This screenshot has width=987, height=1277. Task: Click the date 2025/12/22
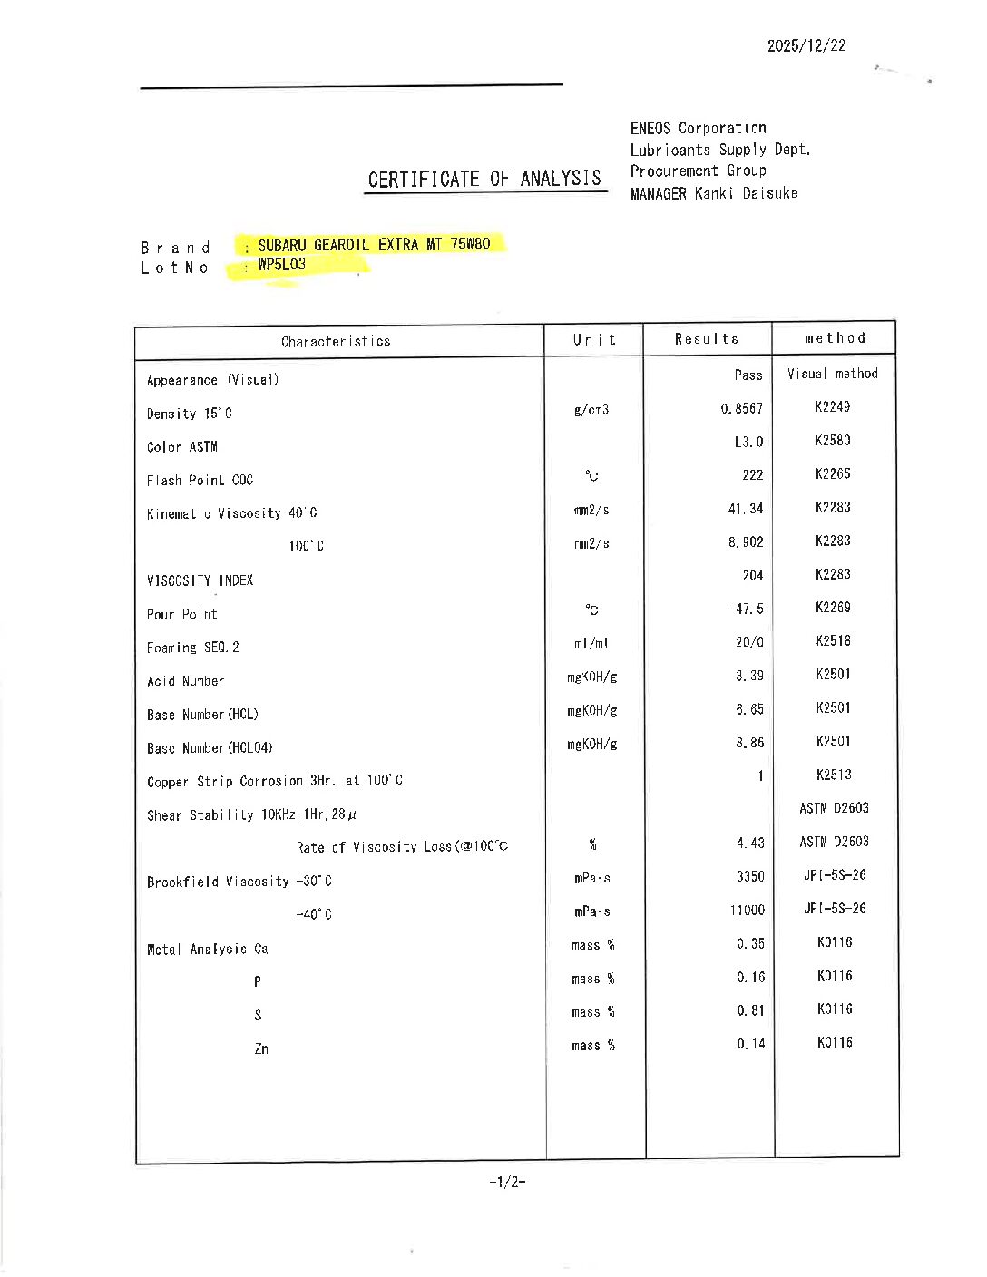(x=806, y=45)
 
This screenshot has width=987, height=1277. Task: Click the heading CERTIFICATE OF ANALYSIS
(x=484, y=179)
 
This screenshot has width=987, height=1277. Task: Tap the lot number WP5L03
(x=281, y=265)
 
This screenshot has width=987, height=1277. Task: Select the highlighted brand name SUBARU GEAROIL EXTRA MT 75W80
(x=374, y=245)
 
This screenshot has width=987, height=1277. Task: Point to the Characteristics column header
(x=336, y=342)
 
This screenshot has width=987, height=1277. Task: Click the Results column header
(x=706, y=339)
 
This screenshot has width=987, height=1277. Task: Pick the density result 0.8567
(x=742, y=409)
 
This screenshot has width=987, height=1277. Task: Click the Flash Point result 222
(x=752, y=475)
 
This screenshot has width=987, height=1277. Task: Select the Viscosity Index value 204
(x=752, y=576)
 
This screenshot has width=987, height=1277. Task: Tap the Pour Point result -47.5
(x=746, y=609)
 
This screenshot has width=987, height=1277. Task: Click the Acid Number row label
(x=185, y=681)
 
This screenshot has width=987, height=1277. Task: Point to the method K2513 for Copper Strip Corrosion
(x=833, y=775)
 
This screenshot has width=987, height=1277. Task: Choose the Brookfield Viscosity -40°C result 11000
(x=747, y=910)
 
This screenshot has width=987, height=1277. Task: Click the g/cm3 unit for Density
(x=591, y=410)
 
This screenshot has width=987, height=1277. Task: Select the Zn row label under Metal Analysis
(x=261, y=1049)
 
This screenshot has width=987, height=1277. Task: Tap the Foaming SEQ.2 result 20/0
(x=749, y=643)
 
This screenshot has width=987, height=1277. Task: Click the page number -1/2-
(x=507, y=1182)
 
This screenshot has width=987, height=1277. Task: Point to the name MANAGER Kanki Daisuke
(x=714, y=193)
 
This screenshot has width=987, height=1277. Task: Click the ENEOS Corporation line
(x=699, y=128)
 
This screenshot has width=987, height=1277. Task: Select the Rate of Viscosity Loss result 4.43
(x=750, y=843)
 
